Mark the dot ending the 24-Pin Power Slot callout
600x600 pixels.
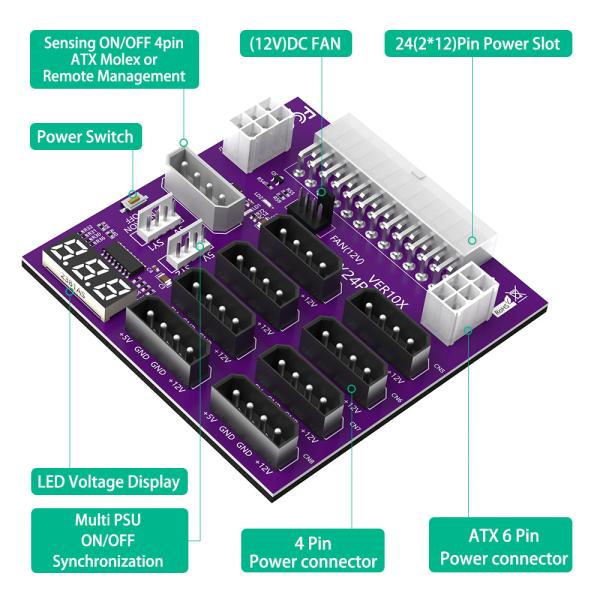473,240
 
